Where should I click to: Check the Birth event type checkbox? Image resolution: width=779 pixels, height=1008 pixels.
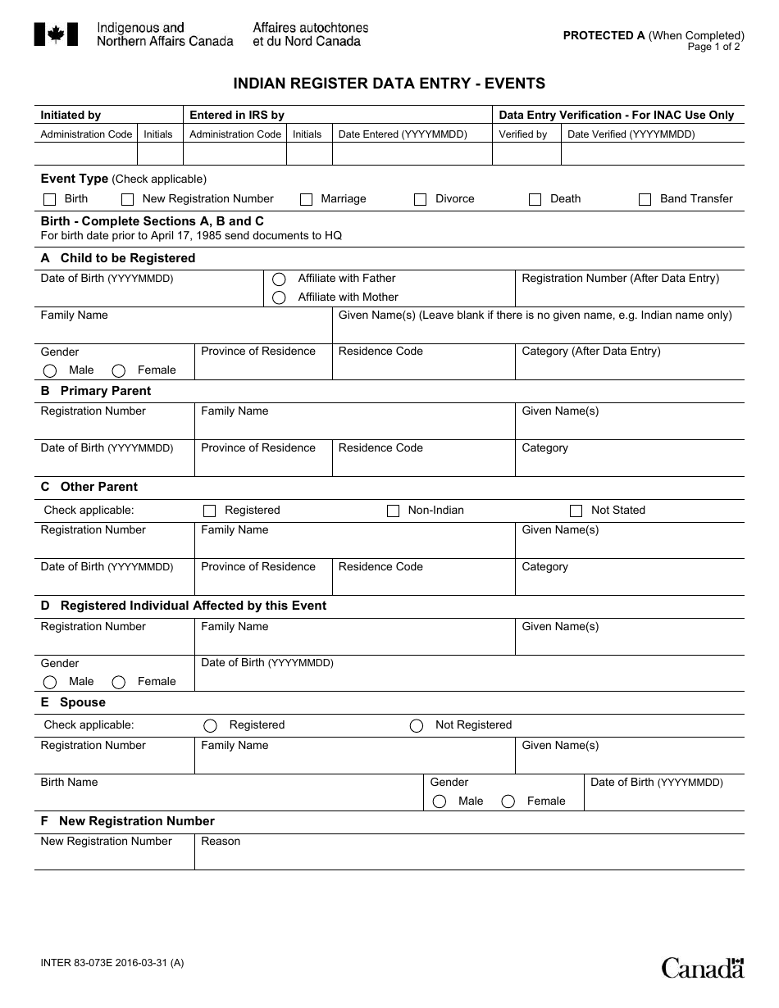click(49, 199)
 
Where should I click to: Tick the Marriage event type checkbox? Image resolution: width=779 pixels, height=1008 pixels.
click(307, 199)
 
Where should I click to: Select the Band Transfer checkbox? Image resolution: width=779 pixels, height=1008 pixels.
click(645, 199)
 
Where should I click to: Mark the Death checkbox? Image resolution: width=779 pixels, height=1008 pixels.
click(535, 199)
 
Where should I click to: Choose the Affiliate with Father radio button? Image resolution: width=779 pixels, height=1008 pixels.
click(280, 279)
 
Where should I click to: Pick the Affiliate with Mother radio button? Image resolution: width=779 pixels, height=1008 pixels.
click(280, 297)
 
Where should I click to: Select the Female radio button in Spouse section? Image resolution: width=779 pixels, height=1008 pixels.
click(508, 801)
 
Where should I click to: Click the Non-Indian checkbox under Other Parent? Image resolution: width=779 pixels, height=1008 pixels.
click(394, 511)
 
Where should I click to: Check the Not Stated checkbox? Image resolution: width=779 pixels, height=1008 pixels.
click(576, 511)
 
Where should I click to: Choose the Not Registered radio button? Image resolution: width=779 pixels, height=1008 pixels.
click(417, 726)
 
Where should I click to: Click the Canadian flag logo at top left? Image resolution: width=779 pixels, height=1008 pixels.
click(56, 34)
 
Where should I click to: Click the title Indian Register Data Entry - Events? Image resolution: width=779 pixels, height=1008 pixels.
click(389, 84)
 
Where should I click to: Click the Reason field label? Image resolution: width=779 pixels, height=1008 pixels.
click(221, 842)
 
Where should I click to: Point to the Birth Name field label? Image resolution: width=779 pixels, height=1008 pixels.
click(70, 783)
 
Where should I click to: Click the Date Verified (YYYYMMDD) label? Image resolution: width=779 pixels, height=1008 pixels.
click(631, 134)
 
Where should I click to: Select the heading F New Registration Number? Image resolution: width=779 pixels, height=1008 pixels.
click(128, 821)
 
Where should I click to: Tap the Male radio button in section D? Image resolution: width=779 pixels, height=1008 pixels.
click(50, 683)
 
